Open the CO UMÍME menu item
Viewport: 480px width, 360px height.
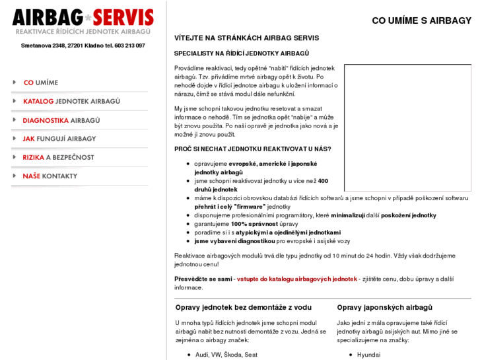pos(41,83)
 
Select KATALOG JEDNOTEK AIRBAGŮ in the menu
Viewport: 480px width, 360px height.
pos(71,101)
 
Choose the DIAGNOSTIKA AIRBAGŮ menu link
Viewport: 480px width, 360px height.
pos(61,120)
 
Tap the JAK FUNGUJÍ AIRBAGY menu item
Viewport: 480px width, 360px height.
pos(59,139)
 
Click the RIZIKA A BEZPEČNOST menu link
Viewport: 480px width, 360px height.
pos(58,157)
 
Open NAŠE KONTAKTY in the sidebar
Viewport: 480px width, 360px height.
pos(50,176)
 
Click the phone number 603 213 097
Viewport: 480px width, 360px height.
pos(129,46)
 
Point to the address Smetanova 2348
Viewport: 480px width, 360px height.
pos(43,46)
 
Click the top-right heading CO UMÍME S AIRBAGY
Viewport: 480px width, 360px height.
pos(421,20)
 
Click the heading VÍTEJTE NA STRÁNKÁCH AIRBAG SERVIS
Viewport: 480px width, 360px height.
pos(246,38)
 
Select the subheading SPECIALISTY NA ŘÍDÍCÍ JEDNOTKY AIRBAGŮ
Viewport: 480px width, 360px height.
pos(242,54)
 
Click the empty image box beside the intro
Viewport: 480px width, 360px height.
pos(407,127)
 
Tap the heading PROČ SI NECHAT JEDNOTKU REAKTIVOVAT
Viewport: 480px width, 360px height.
pos(253,149)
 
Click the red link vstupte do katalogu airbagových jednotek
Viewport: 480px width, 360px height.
pos(296,279)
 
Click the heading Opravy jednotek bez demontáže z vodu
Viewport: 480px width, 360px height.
pos(243,307)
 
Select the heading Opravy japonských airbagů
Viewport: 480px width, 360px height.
pos(384,307)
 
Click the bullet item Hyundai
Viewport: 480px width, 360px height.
pos(368,355)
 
